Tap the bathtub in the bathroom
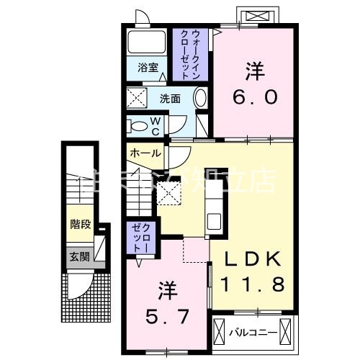(147, 42)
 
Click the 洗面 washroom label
(170, 99)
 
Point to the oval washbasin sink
(201, 99)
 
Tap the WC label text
(155, 127)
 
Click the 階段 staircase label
(80, 224)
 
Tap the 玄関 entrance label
(79, 256)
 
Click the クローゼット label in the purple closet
(138, 237)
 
